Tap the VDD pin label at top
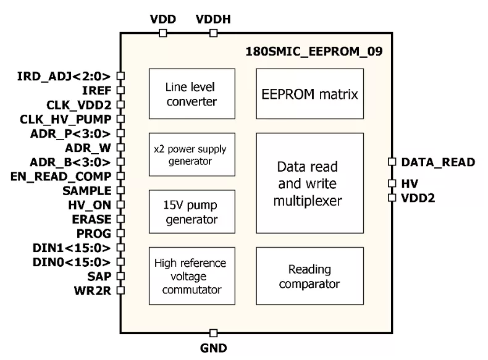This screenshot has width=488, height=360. [x=162, y=19]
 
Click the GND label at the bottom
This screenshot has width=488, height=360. [x=213, y=348]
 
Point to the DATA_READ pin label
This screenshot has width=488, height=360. [x=437, y=162]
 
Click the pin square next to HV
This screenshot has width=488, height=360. [x=391, y=183]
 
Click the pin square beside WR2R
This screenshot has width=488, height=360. [x=120, y=290]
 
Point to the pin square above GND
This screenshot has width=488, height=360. [x=213, y=333]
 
